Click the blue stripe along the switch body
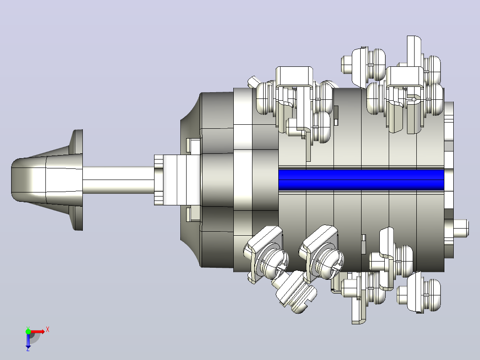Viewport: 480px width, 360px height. click(x=361, y=180)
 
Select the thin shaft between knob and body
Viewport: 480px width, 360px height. click(x=118, y=180)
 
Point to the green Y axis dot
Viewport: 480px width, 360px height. click(x=28, y=331)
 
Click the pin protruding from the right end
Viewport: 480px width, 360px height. click(x=461, y=228)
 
